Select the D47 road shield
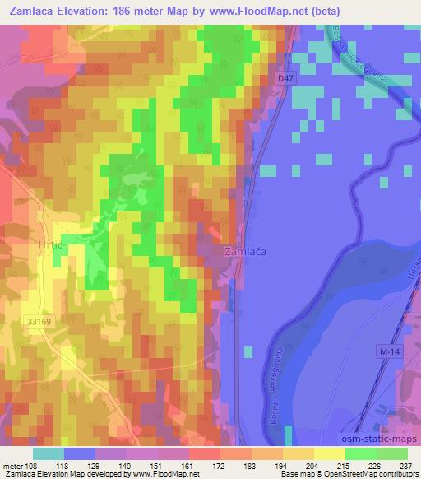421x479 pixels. pos(285,77)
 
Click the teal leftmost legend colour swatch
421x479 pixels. pos(49,453)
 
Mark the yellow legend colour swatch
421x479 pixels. pos(330,453)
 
